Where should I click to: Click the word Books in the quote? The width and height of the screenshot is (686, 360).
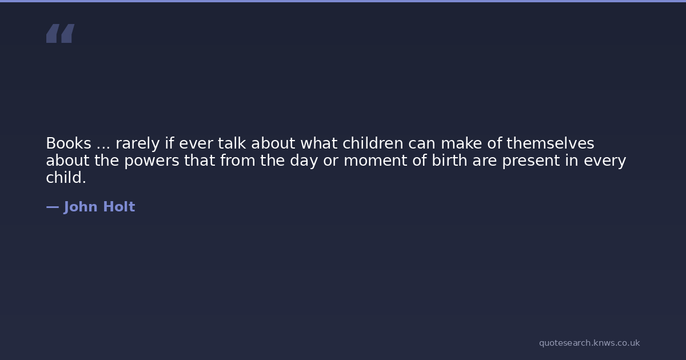pos(69,143)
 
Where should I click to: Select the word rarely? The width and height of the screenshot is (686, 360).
pos(138,144)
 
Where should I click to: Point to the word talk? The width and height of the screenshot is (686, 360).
pos(232,143)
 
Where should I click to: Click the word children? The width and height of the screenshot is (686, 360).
pos(373,143)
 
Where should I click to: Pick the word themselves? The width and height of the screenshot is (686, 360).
pos(551,143)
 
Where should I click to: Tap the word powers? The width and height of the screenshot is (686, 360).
pos(151,161)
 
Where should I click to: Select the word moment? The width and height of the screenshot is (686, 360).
pos(376,161)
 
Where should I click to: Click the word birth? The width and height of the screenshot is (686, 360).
pos(449,160)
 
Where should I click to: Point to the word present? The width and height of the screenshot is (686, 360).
pos(531,161)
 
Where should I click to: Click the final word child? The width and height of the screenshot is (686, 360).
pos(66,177)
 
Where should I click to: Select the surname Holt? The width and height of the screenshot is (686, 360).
pos(119,207)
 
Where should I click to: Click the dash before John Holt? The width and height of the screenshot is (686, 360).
pos(53,207)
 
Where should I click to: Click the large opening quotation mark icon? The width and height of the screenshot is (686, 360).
pos(61,33)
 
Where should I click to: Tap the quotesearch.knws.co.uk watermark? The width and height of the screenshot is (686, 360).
pos(589,343)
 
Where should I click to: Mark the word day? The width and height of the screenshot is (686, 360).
pos(304,161)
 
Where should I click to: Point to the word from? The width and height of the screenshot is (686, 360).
pos(238,160)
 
